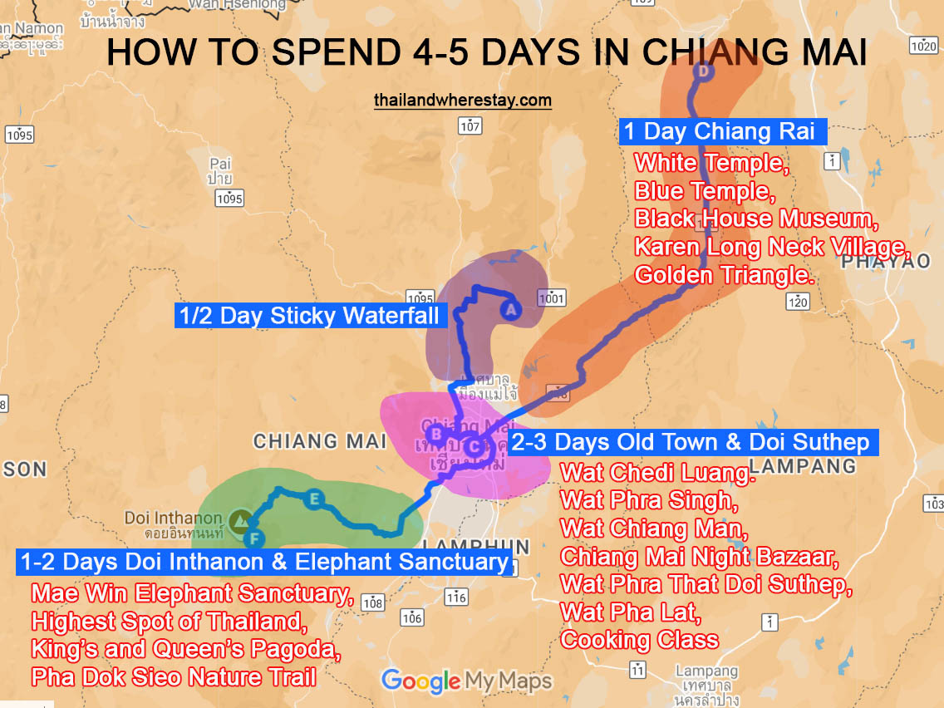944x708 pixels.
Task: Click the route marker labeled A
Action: tap(510, 310)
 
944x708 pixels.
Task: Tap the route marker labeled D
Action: tap(703, 72)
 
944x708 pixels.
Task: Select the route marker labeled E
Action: tap(314, 499)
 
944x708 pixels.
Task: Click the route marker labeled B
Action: tap(434, 432)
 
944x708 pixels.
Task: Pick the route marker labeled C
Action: tap(473, 447)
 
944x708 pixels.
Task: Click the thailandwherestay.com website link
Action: tap(463, 101)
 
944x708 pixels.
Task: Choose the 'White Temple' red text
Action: tap(710, 162)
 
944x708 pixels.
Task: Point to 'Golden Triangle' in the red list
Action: tap(724, 274)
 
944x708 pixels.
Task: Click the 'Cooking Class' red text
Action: tap(640, 640)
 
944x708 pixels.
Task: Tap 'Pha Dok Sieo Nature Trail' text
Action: tap(174, 677)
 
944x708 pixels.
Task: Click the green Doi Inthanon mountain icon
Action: tap(241, 520)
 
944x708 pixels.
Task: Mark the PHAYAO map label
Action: tap(885, 262)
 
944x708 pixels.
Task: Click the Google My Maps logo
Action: tap(466, 681)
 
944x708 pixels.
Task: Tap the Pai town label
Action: tap(220, 170)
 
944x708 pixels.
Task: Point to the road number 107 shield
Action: tap(470, 126)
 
